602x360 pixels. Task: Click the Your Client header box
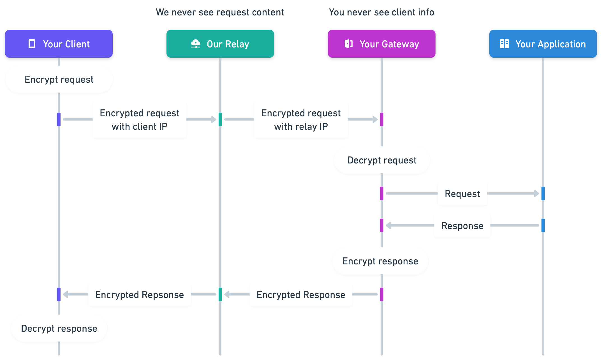[59, 44]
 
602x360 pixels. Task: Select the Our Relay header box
[220, 44]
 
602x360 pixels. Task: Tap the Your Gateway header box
[382, 44]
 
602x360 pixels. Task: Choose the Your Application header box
[543, 44]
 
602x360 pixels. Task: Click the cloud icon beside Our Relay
[196, 44]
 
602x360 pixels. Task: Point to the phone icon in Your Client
[32, 44]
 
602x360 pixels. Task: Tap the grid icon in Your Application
[504, 44]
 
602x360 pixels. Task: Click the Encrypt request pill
[59, 79]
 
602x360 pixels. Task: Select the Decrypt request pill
[382, 160]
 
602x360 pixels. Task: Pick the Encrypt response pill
[380, 261]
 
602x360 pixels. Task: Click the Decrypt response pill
[59, 328]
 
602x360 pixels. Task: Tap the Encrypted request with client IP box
[140, 120]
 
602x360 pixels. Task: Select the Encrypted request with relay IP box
[301, 120]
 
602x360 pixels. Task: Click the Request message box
[462, 194]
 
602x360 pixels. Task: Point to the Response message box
[462, 226]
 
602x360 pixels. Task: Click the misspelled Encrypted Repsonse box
[140, 295]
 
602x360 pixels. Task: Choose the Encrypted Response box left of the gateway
[301, 295]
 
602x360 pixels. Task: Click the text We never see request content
[220, 12]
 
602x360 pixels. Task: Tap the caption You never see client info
[381, 12]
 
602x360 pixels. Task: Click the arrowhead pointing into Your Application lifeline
[536, 193]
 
